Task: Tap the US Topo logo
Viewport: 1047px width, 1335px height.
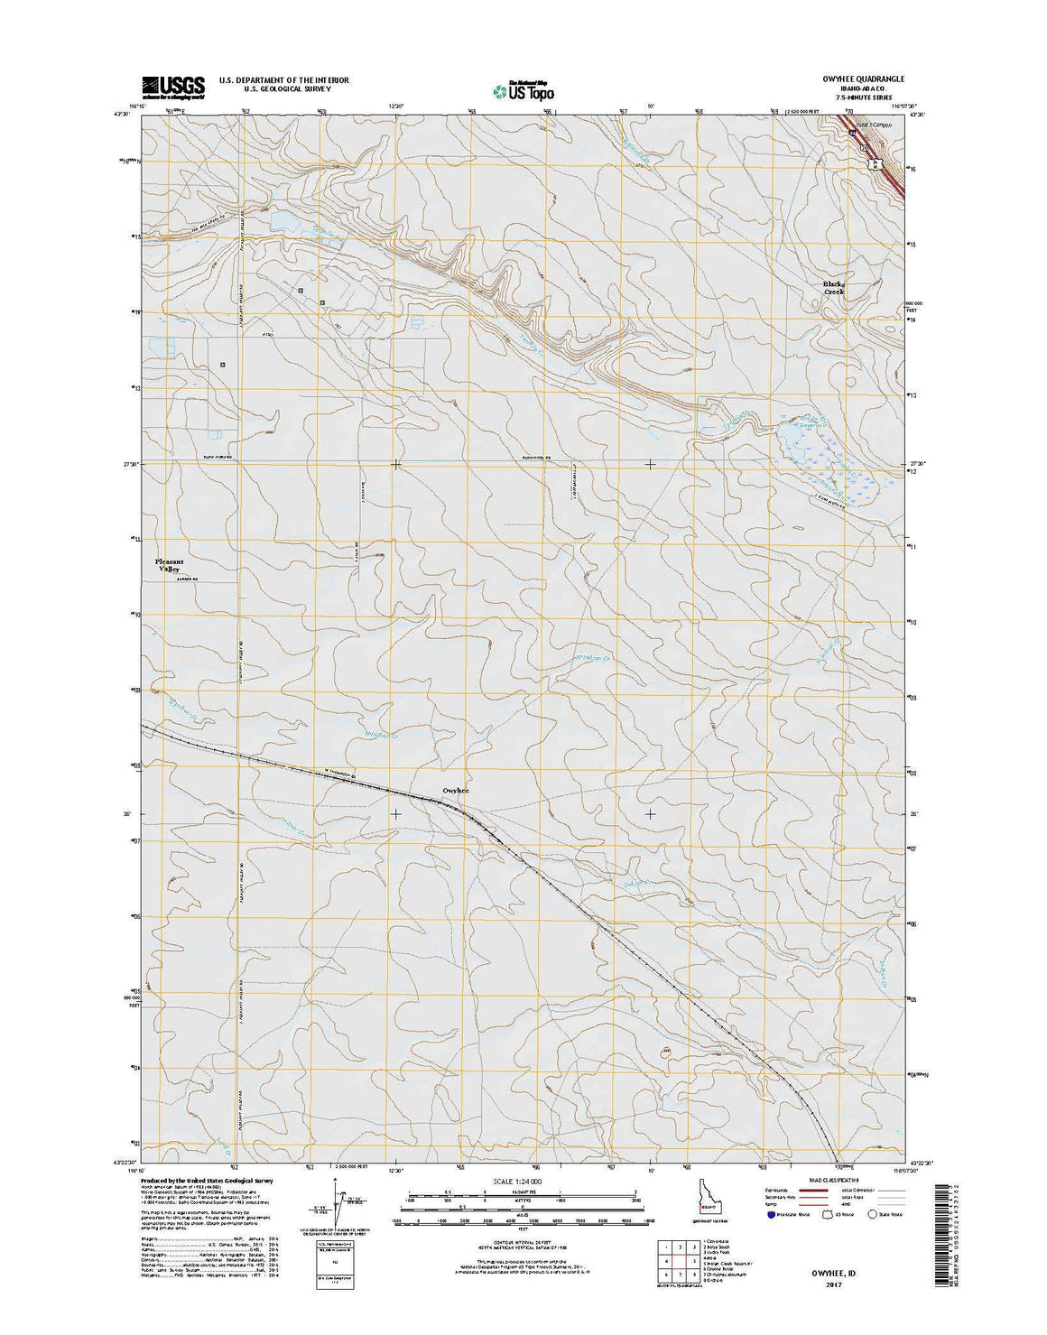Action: (523, 89)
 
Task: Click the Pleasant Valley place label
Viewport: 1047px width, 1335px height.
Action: (171, 565)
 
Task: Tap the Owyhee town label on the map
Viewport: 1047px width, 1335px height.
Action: (456, 791)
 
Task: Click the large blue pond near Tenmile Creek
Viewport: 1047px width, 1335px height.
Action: (282, 220)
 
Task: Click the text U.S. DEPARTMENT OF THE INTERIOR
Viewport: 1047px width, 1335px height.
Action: (283, 80)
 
